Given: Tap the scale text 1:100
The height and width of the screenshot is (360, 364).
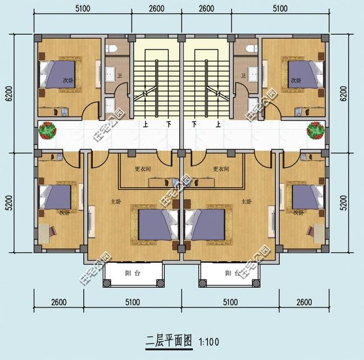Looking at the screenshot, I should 209,342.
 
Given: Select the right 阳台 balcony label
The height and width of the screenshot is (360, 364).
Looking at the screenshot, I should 231,274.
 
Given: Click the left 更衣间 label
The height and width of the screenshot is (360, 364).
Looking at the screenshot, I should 143,169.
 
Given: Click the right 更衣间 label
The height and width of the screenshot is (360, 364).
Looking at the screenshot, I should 220,169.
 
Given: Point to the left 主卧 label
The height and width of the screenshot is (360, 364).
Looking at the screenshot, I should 114,201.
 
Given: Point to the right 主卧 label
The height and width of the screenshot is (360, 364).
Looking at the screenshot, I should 246,201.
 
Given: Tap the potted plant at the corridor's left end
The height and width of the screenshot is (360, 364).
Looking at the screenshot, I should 47,131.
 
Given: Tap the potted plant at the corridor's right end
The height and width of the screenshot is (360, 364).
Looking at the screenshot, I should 315,131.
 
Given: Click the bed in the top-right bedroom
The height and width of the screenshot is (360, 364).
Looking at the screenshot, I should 304,74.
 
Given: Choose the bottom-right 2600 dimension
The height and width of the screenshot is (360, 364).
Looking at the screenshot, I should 304,301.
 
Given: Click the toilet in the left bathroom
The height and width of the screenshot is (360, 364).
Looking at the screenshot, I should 111,48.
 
